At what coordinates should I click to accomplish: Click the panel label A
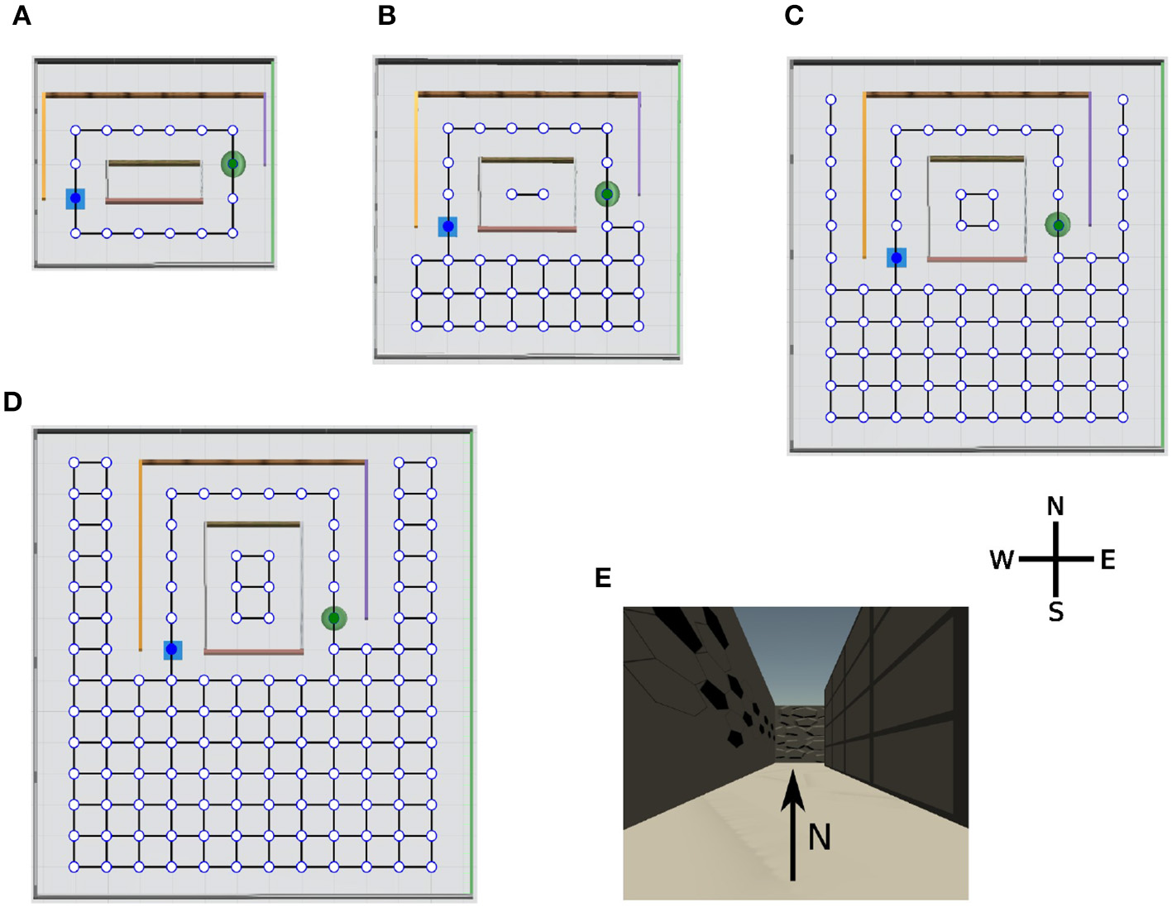click(x=22, y=16)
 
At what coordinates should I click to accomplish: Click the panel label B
click(x=386, y=16)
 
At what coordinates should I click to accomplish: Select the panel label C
click(x=793, y=16)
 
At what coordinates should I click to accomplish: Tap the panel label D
click(x=12, y=402)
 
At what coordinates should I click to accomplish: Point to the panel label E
click(x=603, y=578)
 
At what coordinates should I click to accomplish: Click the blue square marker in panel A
click(x=75, y=198)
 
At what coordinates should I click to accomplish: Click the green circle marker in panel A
click(x=233, y=164)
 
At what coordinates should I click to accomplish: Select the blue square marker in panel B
click(x=447, y=227)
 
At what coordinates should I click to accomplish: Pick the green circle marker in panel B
click(x=607, y=194)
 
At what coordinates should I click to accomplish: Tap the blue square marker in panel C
click(x=897, y=258)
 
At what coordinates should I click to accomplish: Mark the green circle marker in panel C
click(x=1058, y=225)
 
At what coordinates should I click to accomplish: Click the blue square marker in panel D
click(x=172, y=650)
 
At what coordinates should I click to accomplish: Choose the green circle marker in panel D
click(x=333, y=618)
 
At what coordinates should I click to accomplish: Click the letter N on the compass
click(x=1055, y=506)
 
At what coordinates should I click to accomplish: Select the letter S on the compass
click(x=1055, y=612)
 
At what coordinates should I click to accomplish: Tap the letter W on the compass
click(x=1002, y=561)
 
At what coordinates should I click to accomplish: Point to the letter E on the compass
click(x=1107, y=561)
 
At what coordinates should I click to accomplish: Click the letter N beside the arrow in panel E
click(x=819, y=838)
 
